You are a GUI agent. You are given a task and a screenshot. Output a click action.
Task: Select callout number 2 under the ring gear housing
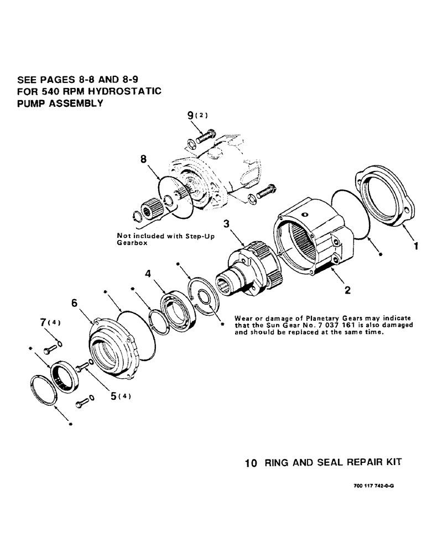click(x=347, y=289)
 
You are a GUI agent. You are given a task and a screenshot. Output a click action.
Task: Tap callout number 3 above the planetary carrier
click(x=226, y=224)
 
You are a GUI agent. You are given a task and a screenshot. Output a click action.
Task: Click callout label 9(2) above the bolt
click(x=196, y=116)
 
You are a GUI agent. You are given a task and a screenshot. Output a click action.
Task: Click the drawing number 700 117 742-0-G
click(x=374, y=484)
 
